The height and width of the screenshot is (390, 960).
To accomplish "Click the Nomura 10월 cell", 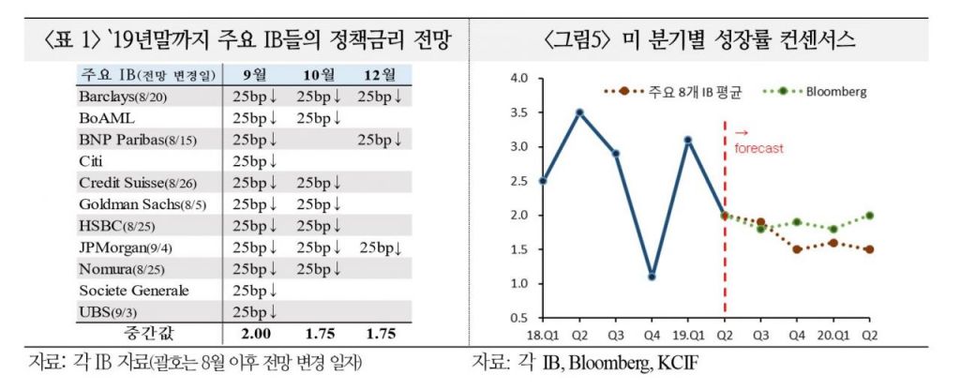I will [319, 269].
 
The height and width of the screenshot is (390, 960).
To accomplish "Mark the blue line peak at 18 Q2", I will [580, 112].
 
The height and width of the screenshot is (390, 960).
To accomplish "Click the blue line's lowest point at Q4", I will [652, 277].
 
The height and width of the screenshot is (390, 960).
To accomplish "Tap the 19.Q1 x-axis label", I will [687, 334].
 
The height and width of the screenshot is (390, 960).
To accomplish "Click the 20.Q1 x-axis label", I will [832, 334].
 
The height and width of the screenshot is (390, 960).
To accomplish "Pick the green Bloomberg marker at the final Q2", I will [870, 215].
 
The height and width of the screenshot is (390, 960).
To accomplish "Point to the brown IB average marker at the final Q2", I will [870, 249].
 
